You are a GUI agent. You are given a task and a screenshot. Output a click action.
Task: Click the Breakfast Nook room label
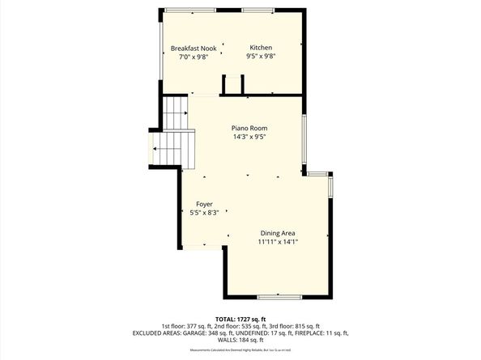coord(194,48)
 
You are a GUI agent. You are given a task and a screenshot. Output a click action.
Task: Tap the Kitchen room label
coord(261,48)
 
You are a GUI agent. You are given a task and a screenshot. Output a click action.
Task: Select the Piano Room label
coord(249,128)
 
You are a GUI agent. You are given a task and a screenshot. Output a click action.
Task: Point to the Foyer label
coord(204,204)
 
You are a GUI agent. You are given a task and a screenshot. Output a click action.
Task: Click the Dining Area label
coord(278,233)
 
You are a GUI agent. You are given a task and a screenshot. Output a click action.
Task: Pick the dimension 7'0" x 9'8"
coord(194,57)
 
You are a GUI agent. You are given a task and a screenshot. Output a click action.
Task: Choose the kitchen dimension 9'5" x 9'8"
coord(261,57)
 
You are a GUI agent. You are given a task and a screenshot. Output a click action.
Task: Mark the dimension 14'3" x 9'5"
coord(249,138)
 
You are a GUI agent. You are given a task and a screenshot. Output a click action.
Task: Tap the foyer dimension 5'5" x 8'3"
coord(204,213)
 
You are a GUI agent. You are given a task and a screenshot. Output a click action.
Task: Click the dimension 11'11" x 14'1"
coord(278,242)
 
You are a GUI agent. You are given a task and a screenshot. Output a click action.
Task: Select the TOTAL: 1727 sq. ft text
coord(240,318)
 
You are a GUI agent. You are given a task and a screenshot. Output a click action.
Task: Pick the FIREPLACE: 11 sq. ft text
coord(320,332)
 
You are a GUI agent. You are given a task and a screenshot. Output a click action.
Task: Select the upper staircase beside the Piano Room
coord(176,112)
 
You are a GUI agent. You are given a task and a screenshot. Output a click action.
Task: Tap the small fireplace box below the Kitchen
coord(233,85)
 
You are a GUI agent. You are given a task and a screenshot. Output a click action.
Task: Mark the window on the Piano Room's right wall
coord(304,138)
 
